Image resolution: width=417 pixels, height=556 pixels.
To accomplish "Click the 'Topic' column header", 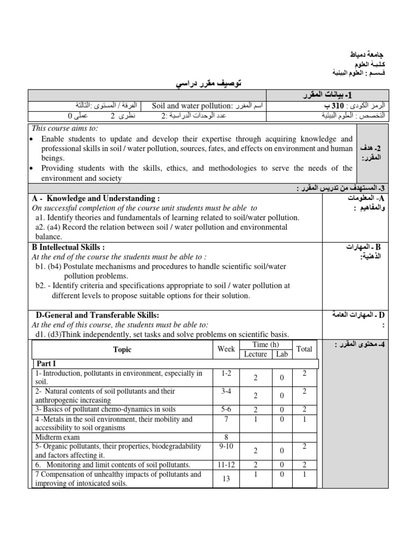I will tap(122, 350).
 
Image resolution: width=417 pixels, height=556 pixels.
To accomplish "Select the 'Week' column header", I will tap(226, 349).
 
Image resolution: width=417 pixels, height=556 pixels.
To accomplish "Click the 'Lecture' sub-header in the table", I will tap(256, 354).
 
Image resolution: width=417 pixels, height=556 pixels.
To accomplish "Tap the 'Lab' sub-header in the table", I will tap(281, 354).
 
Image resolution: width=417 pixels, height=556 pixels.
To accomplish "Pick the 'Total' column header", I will tap(304, 349).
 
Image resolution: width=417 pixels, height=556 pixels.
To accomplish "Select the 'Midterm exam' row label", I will tap(58, 437).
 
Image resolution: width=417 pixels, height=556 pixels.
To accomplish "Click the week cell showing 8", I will tap(226, 437).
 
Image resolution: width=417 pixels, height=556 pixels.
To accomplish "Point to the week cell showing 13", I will tap(226, 478).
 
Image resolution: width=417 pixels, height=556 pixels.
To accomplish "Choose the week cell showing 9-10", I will tap(226, 446).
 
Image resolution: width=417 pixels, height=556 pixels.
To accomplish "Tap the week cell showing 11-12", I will tap(226, 465).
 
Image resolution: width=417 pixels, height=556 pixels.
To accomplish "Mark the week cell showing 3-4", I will tap(226, 390).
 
